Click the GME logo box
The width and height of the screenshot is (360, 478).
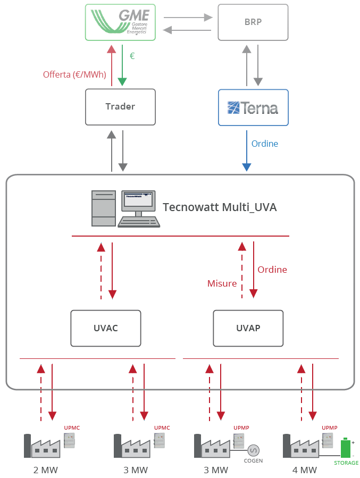click(x=120, y=22)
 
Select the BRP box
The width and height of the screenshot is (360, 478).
click(x=253, y=22)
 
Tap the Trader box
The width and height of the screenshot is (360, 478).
click(x=120, y=107)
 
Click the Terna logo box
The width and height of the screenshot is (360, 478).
click(x=253, y=107)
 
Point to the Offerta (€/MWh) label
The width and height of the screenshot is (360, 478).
click(x=74, y=74)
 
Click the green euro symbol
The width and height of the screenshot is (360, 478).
click(x=132, y=55)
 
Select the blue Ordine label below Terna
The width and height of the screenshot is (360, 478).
click(x=264, y=144)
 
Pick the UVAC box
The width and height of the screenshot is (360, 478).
click(x=106, y=328)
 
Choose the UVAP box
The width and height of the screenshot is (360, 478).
click(x=248, y=328)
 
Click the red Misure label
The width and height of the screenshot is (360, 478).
click(x=222, y=283)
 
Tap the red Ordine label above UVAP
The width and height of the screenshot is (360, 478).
click(x=272, y=270)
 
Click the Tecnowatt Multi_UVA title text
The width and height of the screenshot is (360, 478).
click(x=220, y=207)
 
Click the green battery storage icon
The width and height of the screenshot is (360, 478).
click(x=346, y=448)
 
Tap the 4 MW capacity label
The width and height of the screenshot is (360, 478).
click(x=304, y=470)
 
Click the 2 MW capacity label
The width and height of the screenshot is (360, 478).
click(x=46, y=470)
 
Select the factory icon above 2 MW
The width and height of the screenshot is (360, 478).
click(x=43, y=446)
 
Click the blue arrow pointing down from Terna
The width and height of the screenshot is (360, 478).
click(x=247, y=154)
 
